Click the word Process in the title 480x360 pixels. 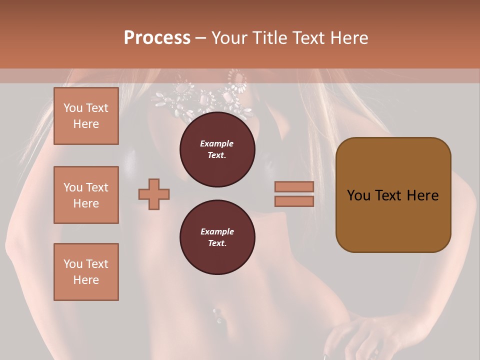pyautogui.click(x=157, y=37)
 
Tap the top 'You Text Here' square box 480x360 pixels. pyautogui.click(x=86, y=116)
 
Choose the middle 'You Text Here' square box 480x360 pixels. pyautogui.click(x=86, y=195)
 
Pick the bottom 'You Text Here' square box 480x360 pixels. pyautogui.click(x=86, y=272)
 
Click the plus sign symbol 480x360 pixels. pyautogui.click(x=154, y=194)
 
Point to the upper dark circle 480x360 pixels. pyautogui.click(x=217, y=149)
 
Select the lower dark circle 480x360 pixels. pyautogui.click(x=217, y=237)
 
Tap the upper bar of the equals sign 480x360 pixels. pyautogui.click(x=294, y=186)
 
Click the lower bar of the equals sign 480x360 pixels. pyautogui.click(x=294, y=201)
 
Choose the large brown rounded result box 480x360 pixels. pyautogui.click(x=393, y=195)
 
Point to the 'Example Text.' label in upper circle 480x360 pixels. pyautogui.click(x=217, y=149)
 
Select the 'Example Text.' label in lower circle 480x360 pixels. pyautogui.click(x=217, y=237)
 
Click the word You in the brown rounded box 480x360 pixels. pyautogui.click(x=359, y=195)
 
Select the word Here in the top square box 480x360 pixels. pyautogui.click(x=86, y=124)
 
